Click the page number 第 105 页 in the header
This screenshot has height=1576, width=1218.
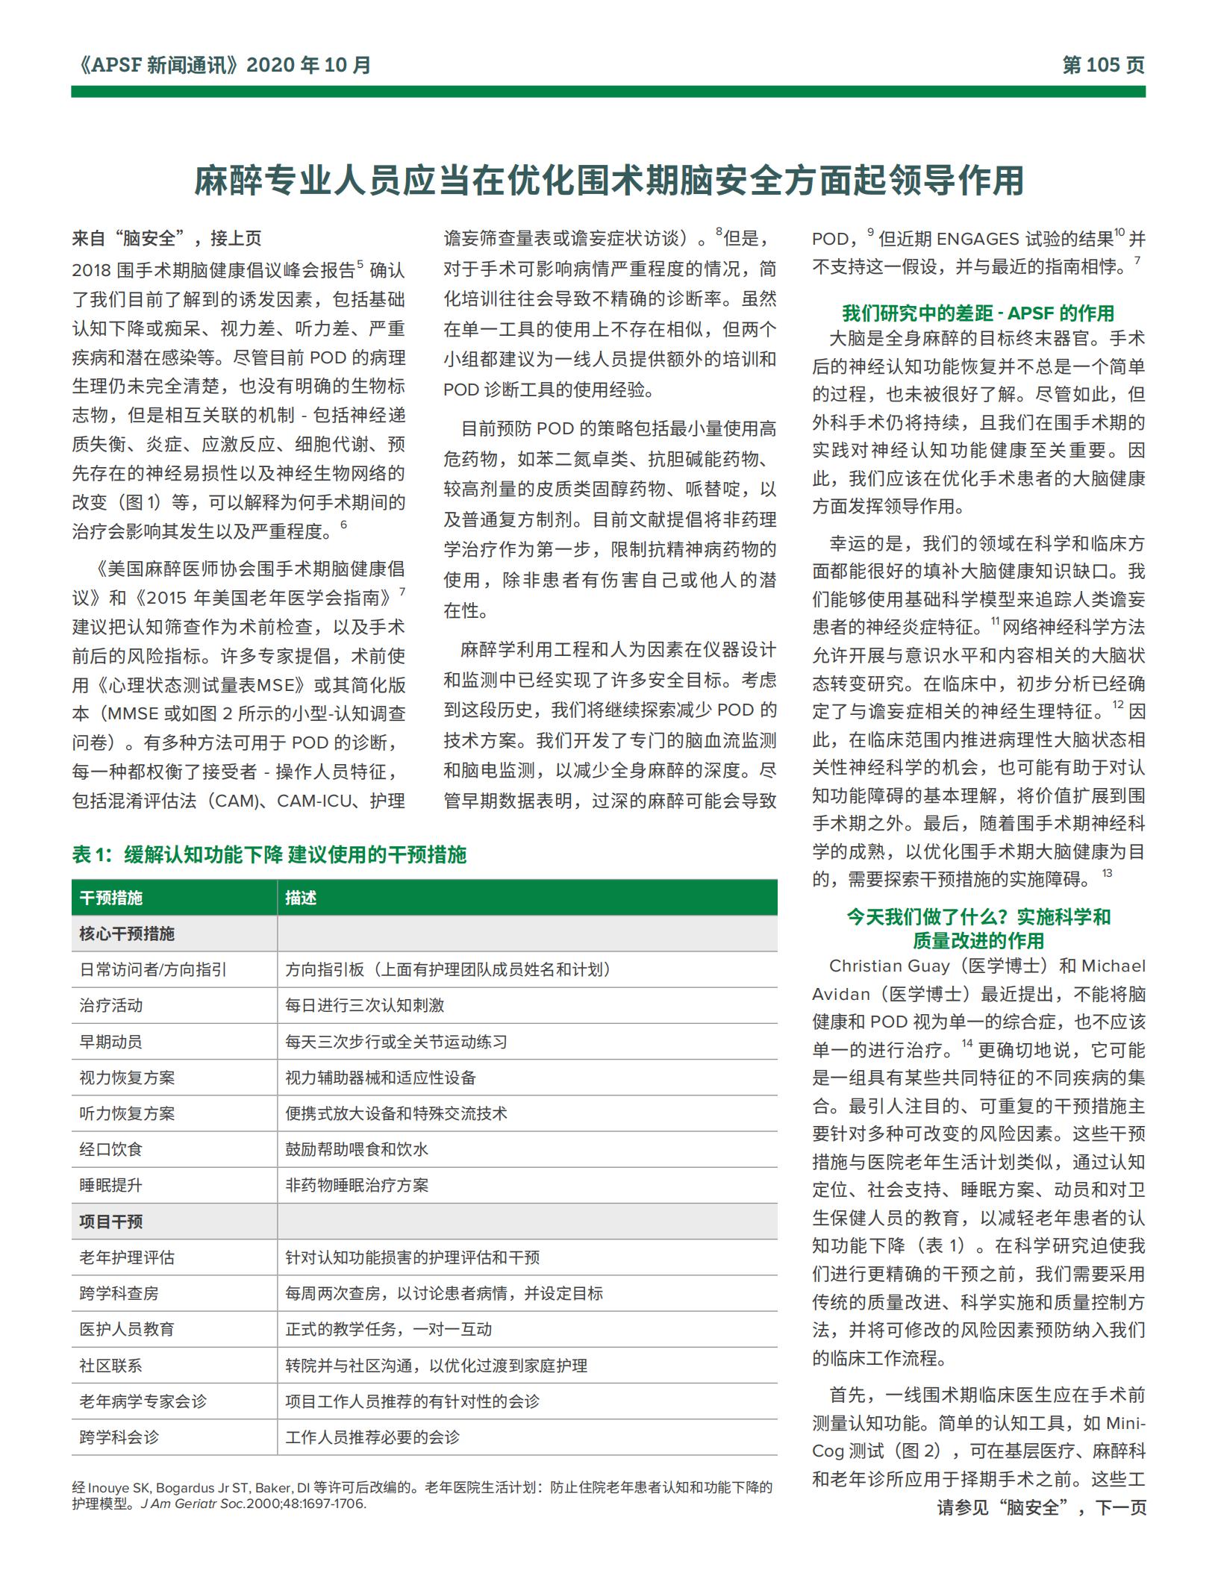[1102, 66]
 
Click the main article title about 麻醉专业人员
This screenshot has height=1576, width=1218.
[608, 181]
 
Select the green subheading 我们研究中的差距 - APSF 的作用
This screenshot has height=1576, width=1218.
[978, 313]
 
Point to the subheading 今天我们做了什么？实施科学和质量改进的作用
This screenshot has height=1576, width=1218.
[978, 928]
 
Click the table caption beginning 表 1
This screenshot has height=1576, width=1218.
[269, 854]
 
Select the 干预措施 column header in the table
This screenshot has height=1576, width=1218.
[111, 898]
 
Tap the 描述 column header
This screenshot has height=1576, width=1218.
[301, 898]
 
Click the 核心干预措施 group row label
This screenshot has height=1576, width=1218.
[127, 934]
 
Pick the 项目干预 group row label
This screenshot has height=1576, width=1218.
[111, 1222]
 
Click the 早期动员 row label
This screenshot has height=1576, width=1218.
[111, 1042]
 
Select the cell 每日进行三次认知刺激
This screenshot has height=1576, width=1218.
[364, 1005]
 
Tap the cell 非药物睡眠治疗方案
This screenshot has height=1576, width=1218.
[357, 1185]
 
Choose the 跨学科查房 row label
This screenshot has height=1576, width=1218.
[119, 1293]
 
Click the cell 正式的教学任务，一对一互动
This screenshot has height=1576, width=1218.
[388, 1329]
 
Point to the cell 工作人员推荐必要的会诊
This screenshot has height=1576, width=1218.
[372, 1437]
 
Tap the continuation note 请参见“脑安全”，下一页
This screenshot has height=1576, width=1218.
[1041, 1507]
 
